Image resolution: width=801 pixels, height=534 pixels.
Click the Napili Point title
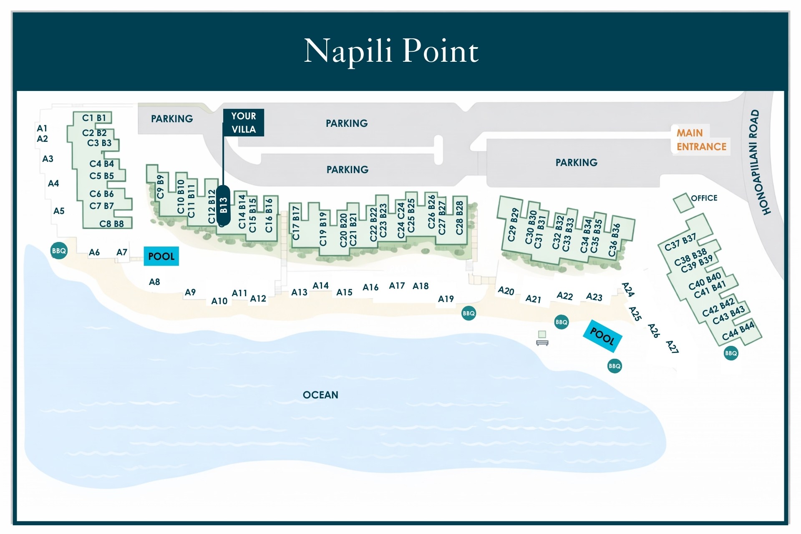point(391,51)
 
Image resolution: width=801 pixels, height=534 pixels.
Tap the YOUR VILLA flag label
point(244,123)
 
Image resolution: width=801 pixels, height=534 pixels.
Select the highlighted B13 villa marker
point(223,205)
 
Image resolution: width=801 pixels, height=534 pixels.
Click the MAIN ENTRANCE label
point(701,140)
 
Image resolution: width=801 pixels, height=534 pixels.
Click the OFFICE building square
point(682,203)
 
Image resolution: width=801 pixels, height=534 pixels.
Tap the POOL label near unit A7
point(161,256)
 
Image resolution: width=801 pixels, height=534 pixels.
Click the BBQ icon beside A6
point(59,251)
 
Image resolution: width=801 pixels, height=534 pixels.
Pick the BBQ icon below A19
point(469,313)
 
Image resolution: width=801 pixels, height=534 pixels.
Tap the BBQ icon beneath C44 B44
point(731,353)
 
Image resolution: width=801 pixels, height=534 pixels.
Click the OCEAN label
point(320,395)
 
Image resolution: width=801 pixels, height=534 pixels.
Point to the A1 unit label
point(42,128)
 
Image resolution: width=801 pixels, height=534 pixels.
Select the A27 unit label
point(672,347)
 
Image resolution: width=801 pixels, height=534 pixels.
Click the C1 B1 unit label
point(94,118)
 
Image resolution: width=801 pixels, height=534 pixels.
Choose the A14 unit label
point(320,286)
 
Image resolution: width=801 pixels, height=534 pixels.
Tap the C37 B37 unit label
point(680,242)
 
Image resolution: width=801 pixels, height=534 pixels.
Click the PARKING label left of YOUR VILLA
point(172,119)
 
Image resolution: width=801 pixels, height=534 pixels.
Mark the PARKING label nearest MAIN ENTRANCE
point(576,162)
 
